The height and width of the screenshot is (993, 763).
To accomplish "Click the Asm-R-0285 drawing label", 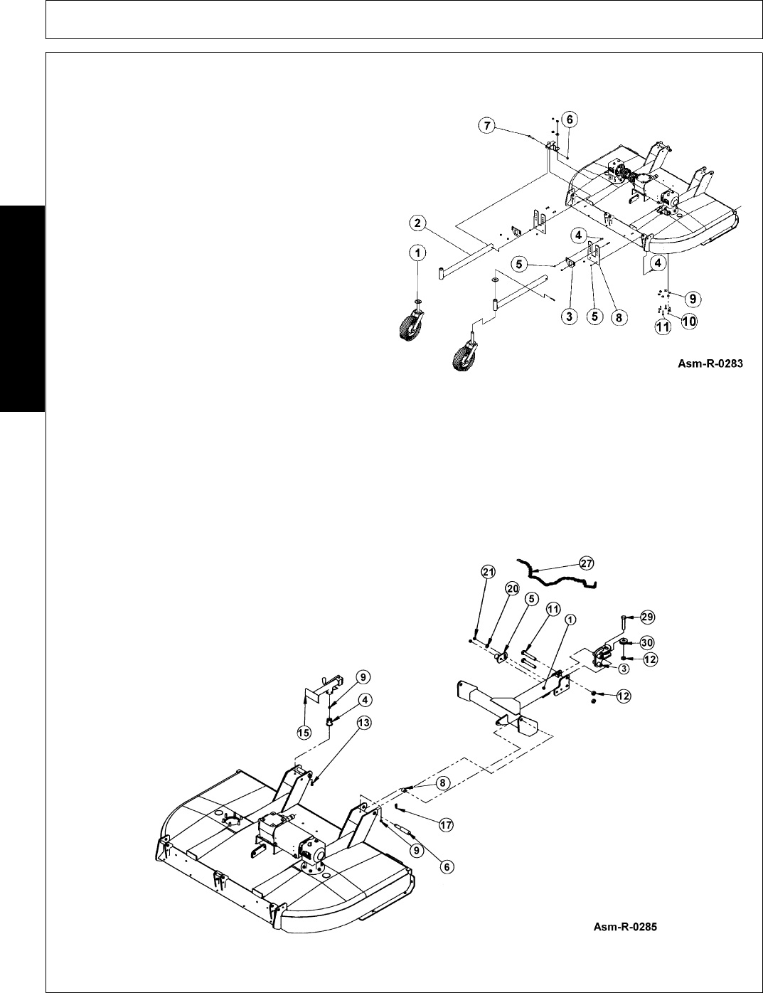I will click(x=626, y=927).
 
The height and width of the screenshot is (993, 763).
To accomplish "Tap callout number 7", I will click(x=487, y=126).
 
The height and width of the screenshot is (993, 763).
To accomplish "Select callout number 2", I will click(x=417, y=223).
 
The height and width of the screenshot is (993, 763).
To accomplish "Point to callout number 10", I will click(x=689, y=322).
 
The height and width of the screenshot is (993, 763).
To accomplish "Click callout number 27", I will click(x=587, y=563).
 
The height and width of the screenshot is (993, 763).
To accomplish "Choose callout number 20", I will click(x=512, y=588).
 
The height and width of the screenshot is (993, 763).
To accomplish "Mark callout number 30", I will click(x=646, y=642).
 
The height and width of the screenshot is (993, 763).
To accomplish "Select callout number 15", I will click(x=305, y=732).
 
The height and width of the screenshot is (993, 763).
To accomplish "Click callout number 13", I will click(x=363, y=723).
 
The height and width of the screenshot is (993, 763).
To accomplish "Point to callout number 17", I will click(x=446, y=826).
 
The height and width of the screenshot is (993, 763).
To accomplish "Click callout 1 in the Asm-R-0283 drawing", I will click(x=417, y=253).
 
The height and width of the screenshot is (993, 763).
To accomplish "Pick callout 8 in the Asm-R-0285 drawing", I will click(x=443, y=782).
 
